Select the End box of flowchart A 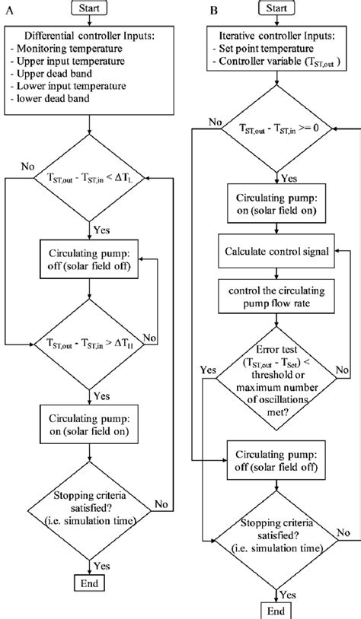pos(89,582)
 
